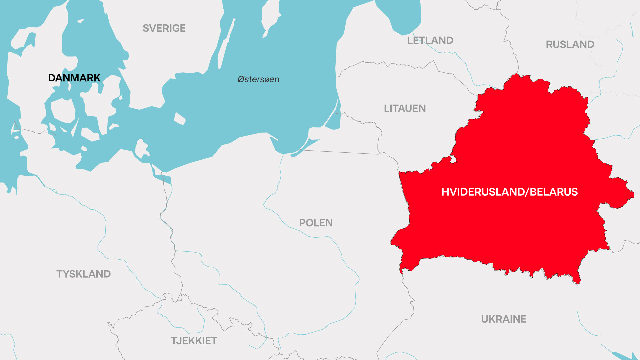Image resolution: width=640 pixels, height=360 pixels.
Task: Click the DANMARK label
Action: click(74, 78)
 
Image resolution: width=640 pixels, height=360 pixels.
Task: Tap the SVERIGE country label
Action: click(164, 28)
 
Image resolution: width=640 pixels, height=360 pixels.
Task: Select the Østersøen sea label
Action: click(258, 79)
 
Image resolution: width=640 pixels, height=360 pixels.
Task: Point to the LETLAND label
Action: click(430, 40)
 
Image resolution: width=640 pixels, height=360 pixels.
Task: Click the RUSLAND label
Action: click(570, 44)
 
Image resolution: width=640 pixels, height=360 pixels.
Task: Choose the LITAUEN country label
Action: click(405, 108)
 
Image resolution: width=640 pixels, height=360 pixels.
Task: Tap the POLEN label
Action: click(316, 223)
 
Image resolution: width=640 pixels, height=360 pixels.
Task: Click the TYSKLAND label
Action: click(83, 274)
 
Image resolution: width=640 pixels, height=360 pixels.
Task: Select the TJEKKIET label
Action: click(194, 341)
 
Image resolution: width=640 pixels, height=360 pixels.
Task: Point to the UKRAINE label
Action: click(503, 319)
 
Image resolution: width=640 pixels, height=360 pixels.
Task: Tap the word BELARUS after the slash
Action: click(554, 192)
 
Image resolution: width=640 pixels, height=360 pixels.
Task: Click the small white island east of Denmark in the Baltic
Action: click(180, 119)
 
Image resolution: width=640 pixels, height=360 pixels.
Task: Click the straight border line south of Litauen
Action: click(340, 152)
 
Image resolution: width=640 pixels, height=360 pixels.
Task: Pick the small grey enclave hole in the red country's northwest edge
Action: click(453, 160)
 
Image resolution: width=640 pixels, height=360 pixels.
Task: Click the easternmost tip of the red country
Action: click(633, 194)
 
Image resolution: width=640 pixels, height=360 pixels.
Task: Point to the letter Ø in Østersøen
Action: click(241, 79)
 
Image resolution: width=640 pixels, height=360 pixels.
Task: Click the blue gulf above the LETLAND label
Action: click(400, 17)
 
